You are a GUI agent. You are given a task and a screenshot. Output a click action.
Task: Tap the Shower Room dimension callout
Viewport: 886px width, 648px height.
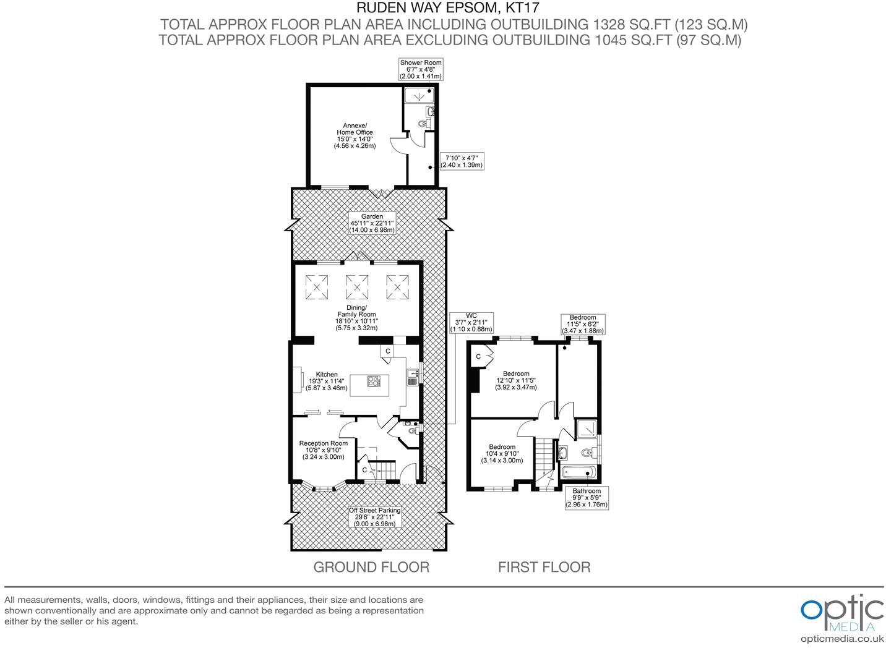(x=421, y=69)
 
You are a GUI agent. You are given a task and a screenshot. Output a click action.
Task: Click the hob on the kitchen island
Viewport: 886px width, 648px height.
(x=374, y=382)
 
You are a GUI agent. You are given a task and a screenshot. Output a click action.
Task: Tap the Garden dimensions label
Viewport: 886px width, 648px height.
(x=372, y=223)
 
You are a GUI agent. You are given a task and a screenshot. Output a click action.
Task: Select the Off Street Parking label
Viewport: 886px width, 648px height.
(x=374, y=517)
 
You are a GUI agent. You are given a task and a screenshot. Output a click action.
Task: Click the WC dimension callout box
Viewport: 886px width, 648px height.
(x=471, y=323)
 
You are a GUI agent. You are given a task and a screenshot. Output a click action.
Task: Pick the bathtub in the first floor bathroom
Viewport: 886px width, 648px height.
(x=578, y=474)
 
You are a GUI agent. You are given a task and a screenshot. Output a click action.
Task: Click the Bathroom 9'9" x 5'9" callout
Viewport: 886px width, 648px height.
(x=587, y=498)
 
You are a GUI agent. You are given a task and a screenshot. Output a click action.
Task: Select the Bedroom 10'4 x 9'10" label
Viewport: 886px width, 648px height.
(x=502, y=454)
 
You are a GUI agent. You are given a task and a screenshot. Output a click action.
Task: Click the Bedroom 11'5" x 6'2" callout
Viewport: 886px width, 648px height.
(x=582, y=324)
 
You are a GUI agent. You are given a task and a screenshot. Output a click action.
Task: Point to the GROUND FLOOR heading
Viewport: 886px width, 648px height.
(x=371, y=567)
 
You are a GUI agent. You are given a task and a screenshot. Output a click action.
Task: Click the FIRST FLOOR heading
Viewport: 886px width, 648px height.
(x=544, y=567)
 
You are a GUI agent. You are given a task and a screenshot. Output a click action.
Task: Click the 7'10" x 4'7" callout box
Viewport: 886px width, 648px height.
(x=461, y=161)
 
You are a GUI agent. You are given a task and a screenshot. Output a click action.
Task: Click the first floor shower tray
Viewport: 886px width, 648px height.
(x=585, y=430)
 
